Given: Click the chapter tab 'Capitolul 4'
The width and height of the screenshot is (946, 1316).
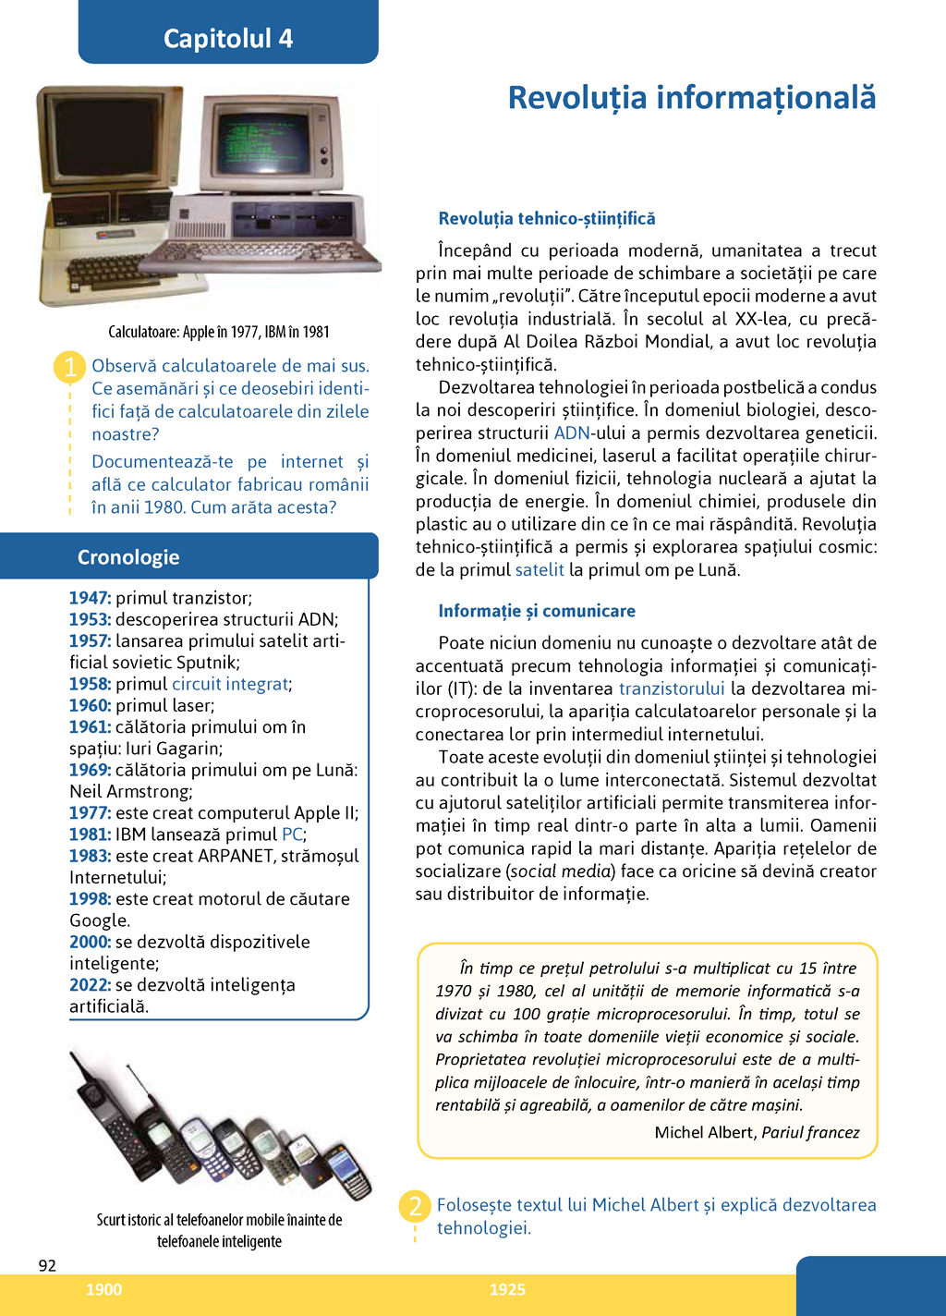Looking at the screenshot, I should click(x=228, y=38).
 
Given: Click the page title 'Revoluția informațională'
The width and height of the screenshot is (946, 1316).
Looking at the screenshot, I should click(x=691, y=98).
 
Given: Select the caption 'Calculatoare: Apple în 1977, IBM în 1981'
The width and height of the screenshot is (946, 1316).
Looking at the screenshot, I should click(x=219, y=332).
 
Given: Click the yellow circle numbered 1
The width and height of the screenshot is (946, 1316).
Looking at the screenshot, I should click(x=69, y=367).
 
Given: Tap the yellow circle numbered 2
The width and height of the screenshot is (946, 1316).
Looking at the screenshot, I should click(x=415, y=1206).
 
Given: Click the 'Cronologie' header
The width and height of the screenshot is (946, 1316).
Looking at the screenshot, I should click(x=128, y=557).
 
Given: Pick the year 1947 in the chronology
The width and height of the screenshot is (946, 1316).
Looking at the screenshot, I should click(x=90, y=598).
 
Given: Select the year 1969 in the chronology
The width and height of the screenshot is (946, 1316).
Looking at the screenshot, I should click(x=90, y=770).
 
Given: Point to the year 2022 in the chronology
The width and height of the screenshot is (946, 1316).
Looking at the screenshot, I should click(x=90, y=985).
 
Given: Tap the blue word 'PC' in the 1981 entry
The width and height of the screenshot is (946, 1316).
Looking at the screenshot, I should click(x=292, y=835).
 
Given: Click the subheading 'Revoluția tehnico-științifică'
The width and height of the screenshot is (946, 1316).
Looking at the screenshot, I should click(x=547, y=219).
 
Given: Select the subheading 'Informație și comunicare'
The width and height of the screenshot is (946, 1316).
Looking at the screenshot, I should click(x=537, y=611).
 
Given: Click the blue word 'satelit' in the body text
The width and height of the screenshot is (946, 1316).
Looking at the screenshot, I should click(x=540, y=570).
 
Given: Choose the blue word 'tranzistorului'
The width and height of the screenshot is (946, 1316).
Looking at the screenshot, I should click(x=672, y=688).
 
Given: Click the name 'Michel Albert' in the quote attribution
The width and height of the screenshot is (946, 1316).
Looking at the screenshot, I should click(x=704, y=1133).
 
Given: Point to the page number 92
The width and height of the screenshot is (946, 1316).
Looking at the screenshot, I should click(x=47, y=1266).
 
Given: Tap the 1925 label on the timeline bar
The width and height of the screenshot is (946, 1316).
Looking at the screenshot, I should click(x=507, y=1290).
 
